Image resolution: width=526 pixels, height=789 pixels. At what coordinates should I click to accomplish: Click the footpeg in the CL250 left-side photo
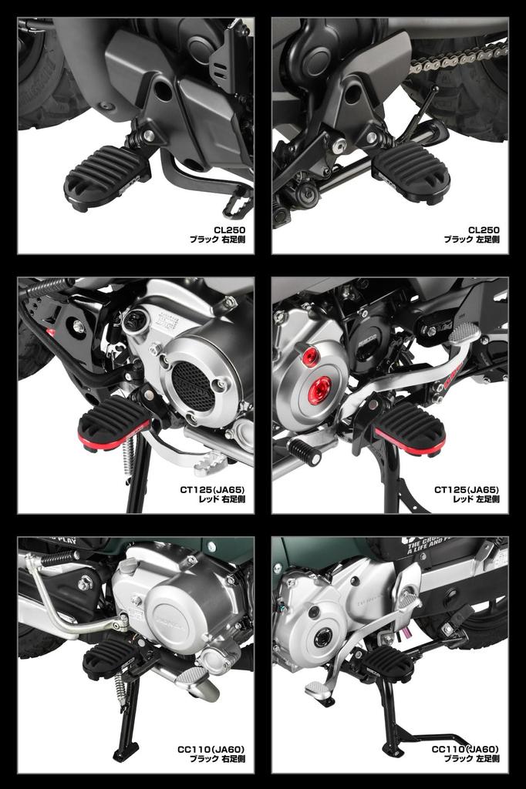pyautogui.click(x=412, y=172)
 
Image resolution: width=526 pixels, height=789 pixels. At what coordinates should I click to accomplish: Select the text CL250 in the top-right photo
pyautogui.click(x=484, y=230)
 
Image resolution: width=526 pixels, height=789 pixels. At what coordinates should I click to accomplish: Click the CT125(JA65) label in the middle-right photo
pyautogui.click(x=466, y=489)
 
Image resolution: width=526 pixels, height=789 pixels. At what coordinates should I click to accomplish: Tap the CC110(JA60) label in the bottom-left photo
pyautogui.click(x=211, y=749)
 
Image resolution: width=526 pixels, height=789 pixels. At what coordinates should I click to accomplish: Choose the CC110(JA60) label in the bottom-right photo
pyautogui.click(x=465, y=749)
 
